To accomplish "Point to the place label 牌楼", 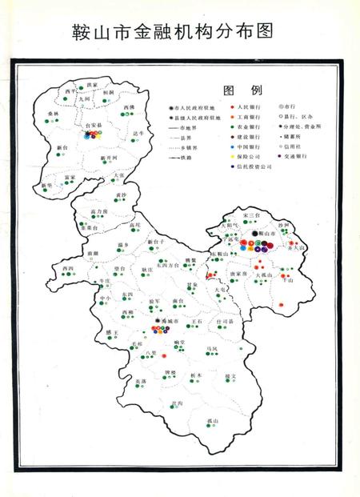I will click(170, 373).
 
